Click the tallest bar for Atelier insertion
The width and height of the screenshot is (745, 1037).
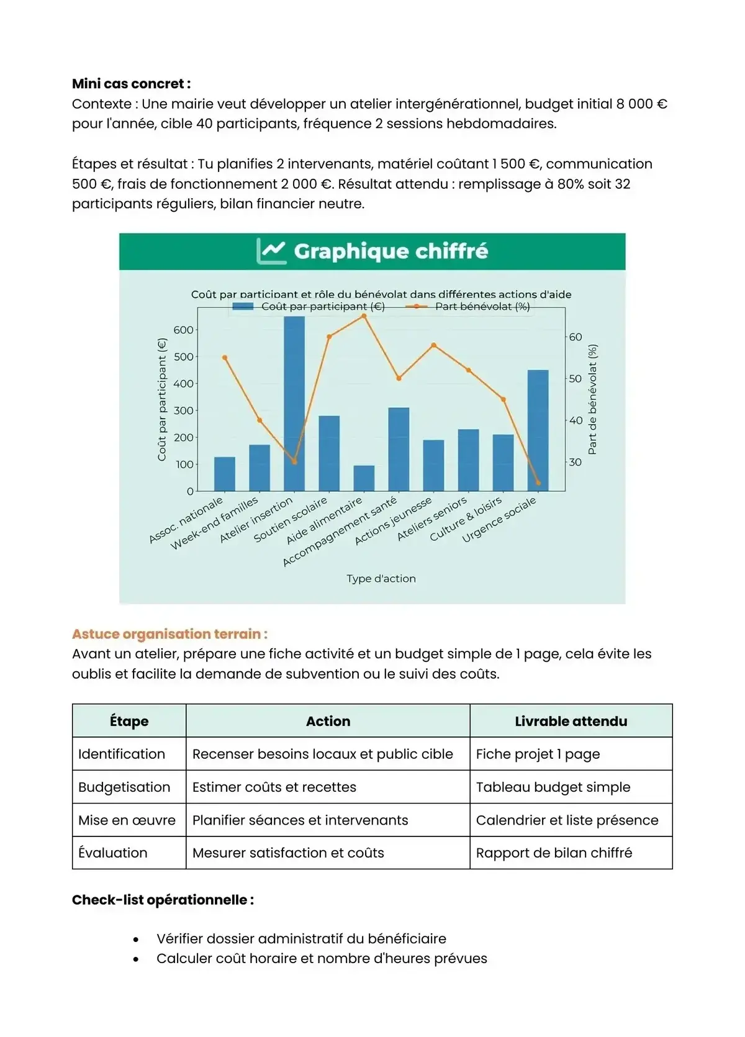tap(294, 404)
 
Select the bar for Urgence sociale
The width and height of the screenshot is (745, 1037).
tap(538, 430)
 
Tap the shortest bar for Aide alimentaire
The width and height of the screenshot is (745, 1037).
tap(364, 478)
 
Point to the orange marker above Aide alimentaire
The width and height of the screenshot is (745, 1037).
tap(364, 316)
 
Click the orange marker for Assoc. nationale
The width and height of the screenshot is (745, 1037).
tap(225, 358)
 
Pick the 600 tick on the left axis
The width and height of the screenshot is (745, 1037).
tap(184, 330)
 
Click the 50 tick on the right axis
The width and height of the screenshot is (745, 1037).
tap(576, 378)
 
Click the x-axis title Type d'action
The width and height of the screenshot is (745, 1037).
tap(381, 578)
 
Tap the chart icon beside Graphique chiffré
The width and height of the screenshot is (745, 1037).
tap(271, 251)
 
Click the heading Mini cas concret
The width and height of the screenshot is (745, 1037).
tap(131, 84)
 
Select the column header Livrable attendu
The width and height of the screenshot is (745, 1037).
tap(571, 721)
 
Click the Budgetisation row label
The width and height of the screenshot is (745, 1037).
tap(124, 787)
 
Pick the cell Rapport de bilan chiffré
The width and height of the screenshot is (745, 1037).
tap(554, 853)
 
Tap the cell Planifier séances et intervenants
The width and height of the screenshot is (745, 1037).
tap(300, 820)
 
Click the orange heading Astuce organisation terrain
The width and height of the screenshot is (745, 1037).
tap(169, 634)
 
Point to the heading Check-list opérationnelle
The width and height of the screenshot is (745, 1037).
tap(163, 900)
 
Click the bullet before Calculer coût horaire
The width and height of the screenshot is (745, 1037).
tap(136, 959)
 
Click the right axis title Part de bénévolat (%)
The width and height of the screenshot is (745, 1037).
tap(592, 399)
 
